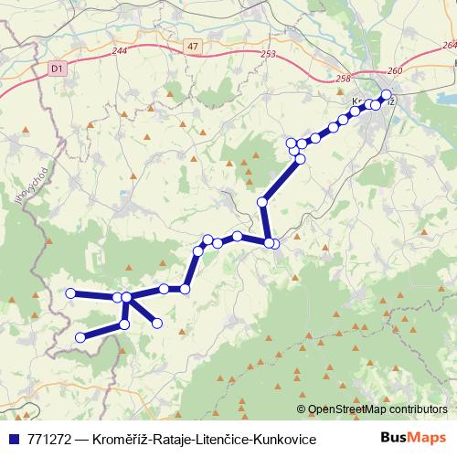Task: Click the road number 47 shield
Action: pyautogui.click(x=189, y=45)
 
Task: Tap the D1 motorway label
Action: pyautogui.click(x=58, y=67)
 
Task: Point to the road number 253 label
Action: pyautogui.click(x=268, y=55)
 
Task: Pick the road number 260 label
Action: pyautogui.click(x=394, y=71)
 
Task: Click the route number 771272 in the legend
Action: pyautogui.click(x=53, y=440)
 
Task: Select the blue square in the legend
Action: pyautogui.click(x=14, y=440)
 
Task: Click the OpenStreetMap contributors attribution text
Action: pyautogui.click(x=377, y=409)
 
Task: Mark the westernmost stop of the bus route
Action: pyautogui.click(x=71, y=292)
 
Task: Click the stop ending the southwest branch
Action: pyautogui.click(x=80, y=337)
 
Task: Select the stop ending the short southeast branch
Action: pyautogui.click(x=157, y=323)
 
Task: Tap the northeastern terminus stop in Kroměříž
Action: pyautogui.click(x=386, y=95)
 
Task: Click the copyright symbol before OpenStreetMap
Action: pyautogui.click(x=301, y=409)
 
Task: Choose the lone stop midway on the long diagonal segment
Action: pyautogui.click(x=262, y=202)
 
